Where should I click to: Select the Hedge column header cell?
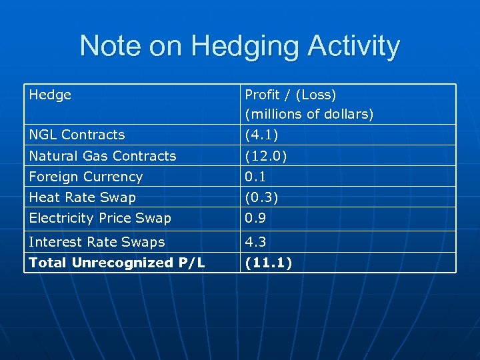coord(50,95)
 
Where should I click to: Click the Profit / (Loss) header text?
coord(291,95)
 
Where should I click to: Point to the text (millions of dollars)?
coord(309,114)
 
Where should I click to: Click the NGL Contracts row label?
coord(77,135)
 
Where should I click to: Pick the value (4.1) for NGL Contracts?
coord(260,135)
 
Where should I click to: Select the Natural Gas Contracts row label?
coord(103,156)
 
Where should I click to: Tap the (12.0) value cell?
coord(263,156)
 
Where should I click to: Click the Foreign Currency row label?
coord(86,177)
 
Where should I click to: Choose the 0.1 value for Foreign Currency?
coord(254,177)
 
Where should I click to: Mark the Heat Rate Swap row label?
coord(82,197)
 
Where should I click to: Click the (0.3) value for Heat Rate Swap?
coord(260,197)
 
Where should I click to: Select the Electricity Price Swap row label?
coord(100,218)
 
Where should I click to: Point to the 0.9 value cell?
coord(254,218)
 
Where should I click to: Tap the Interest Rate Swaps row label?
coord(97,242)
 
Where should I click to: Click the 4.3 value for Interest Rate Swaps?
coord(254,242)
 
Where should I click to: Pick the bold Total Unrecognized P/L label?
coord(117,263)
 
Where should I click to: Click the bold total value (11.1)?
coord(268,263)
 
